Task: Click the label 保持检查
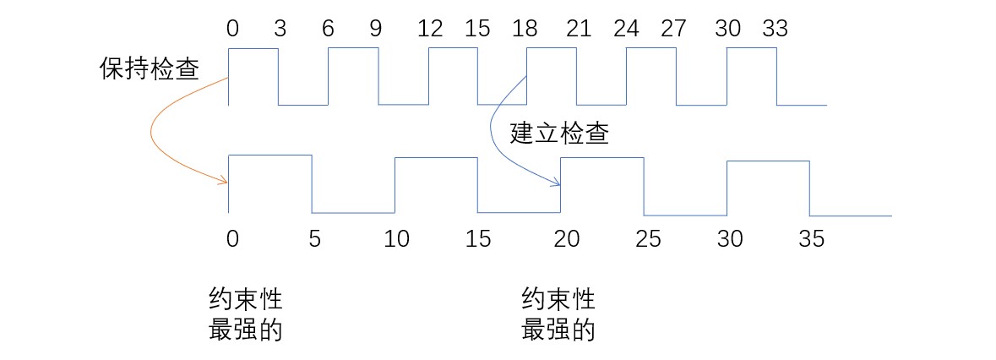(150, 70)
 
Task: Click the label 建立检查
(559, 134)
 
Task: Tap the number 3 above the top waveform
(280, 30)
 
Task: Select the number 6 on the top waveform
(328, 30)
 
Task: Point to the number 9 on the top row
(375, 30)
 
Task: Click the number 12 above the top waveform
(430, 30)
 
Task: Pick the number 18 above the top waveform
(526, 30)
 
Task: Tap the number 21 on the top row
(578, 30)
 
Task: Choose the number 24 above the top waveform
(626, 30)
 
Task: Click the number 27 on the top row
(673, 30)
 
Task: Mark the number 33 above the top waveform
(774, 30)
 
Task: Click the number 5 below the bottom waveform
(314, 239)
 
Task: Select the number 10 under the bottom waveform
(396, 239)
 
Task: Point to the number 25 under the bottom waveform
(647, 239)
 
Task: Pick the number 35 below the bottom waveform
(812, 239)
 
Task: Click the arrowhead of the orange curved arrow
(225, 181)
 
